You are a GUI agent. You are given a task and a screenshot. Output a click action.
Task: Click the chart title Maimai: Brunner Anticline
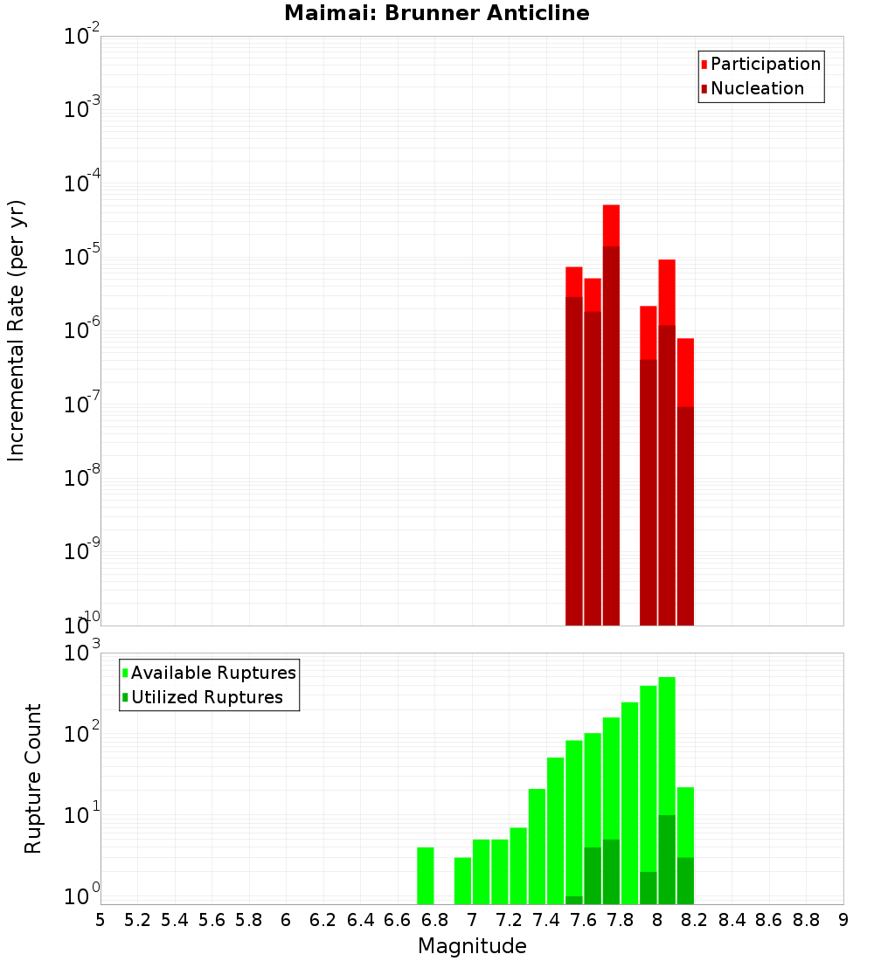point(436,13)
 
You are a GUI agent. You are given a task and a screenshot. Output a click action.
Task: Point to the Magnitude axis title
point(472,946)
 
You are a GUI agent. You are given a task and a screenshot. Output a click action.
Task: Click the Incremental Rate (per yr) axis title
point(17,330)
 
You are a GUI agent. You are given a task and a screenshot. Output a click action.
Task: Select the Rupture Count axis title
point(33,778)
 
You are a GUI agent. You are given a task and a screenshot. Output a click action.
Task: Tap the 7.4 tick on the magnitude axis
point(546,920)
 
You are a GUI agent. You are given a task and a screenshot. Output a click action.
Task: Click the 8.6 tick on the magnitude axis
point(769,920)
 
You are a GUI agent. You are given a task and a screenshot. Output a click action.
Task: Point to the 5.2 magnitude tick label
point(137,920)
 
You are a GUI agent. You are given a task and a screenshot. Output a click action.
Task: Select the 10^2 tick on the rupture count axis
point(82,734)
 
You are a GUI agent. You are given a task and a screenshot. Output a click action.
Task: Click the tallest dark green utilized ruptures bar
point(667,860)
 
